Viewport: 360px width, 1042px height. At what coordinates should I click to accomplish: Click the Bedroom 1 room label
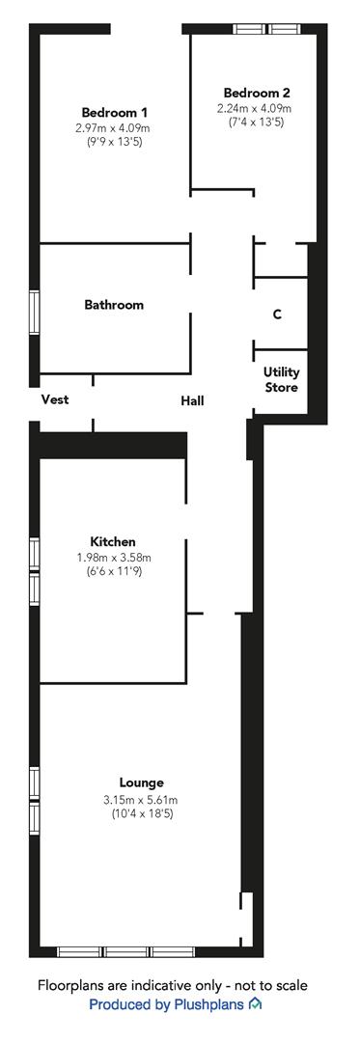[114, 112]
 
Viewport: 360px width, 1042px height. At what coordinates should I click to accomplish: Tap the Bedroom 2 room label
[257, 93]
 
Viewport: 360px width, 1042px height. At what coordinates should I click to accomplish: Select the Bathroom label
[114, 305]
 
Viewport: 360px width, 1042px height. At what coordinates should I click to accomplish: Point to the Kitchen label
[113, 541]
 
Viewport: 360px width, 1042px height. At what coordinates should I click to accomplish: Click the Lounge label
[142, 782]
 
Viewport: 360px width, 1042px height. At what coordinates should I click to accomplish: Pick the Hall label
[193, 400]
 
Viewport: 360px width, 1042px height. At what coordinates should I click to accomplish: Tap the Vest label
[55, 399]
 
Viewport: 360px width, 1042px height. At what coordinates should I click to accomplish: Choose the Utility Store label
[282, 379]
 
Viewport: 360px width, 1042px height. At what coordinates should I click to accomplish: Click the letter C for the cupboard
[278, 315]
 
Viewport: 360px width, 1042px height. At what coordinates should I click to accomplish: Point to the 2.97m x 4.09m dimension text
[113, 127]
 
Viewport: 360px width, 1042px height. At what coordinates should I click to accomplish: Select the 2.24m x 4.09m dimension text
[255, 108]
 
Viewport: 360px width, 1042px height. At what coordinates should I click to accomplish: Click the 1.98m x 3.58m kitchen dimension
[114, 557]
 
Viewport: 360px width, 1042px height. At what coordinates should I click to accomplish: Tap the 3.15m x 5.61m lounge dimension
[140, 800]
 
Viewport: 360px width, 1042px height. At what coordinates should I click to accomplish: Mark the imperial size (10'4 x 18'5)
[142, 813]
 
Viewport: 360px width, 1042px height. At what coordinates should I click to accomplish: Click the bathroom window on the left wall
[35, 313]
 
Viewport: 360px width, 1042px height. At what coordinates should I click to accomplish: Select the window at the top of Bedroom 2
[266, 29]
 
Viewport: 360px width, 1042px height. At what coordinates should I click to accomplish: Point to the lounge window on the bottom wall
[126, 951]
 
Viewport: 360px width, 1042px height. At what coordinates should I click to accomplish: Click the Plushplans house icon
[255, 1003]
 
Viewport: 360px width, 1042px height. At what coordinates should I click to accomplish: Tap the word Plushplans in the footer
[208, 1004]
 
